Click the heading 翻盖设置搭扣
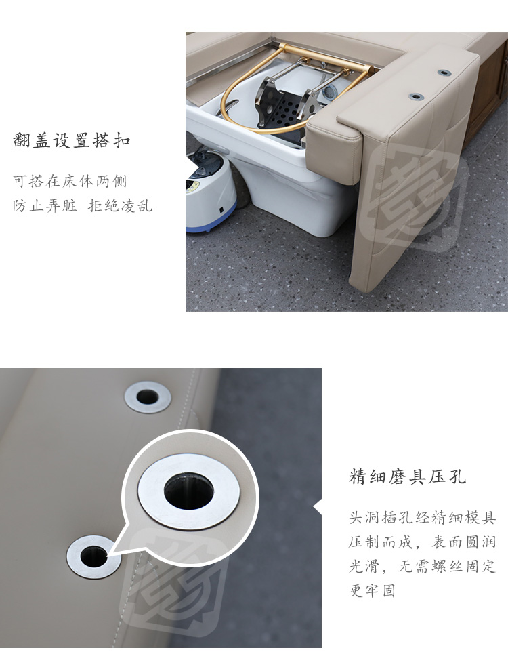coord(71,140)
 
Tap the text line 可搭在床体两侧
coord(70,181)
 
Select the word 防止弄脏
coord(45,206)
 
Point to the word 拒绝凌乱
coord(120,206)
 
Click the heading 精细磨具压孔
coord(407,476)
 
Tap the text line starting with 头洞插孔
coord(423,517)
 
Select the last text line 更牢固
coord(372,590)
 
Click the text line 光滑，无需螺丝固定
coord(423,566)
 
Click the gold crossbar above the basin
coord(324,56)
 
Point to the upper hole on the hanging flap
coord(444,73)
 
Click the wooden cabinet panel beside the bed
coord(488,94)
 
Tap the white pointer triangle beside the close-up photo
coord(317,508)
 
